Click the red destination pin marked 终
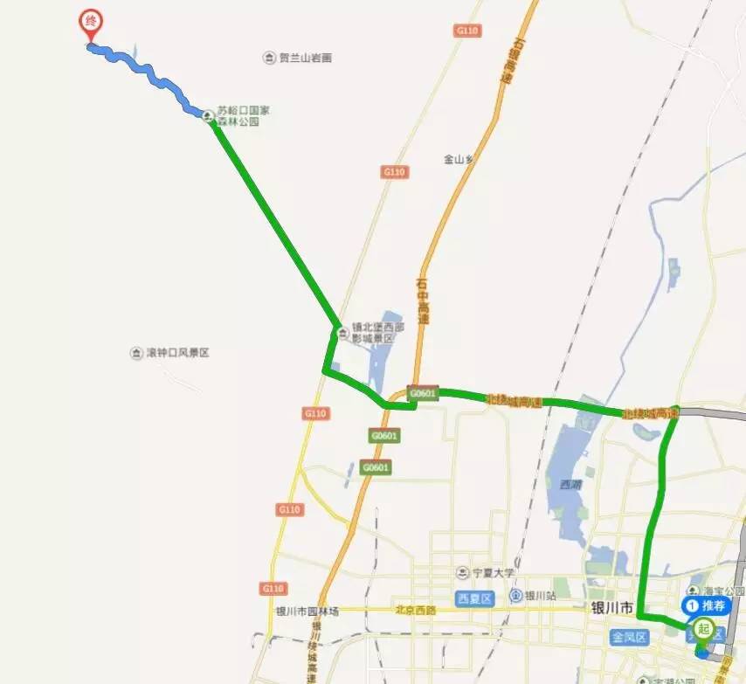pos(89,22)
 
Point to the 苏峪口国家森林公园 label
pos(238,116)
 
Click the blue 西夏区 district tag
pos(475,598)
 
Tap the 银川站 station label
pos(540,596)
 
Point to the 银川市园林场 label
pos(307,611)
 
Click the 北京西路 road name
pos(416,610)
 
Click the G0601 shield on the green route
pos(421,395)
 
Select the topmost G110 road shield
pos(468,31)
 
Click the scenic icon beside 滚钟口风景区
pos(136,353)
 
